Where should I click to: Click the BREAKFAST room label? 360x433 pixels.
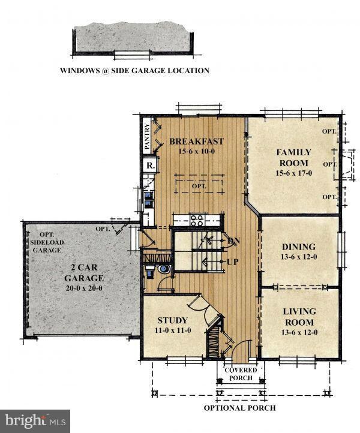[196, 142]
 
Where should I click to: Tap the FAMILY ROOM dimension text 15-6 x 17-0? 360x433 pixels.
[293, 173]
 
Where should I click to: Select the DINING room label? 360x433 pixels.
[299, 246]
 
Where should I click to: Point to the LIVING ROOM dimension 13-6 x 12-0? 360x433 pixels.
[299, 332]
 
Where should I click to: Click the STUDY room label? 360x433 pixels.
[173, 320]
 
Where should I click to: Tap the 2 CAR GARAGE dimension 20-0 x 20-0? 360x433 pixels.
[84, 288]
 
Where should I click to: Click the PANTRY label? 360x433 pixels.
[147, 136]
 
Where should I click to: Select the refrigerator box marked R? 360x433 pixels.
[150, 166]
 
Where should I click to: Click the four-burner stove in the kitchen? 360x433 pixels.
[197, 220]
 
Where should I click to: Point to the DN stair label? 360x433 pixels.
[233, 241]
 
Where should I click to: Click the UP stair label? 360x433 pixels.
[233, 262]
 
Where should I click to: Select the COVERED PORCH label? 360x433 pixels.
[241, 374]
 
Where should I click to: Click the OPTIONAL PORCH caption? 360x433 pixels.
[240, 408]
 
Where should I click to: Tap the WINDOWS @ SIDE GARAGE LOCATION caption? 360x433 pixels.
[134, 70]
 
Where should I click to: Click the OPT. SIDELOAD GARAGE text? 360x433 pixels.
[47, 242]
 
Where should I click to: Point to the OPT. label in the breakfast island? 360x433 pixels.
[199, 186]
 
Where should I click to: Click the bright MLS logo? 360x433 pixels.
[35, 421]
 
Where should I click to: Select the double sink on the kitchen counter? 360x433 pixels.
[149, 200]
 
